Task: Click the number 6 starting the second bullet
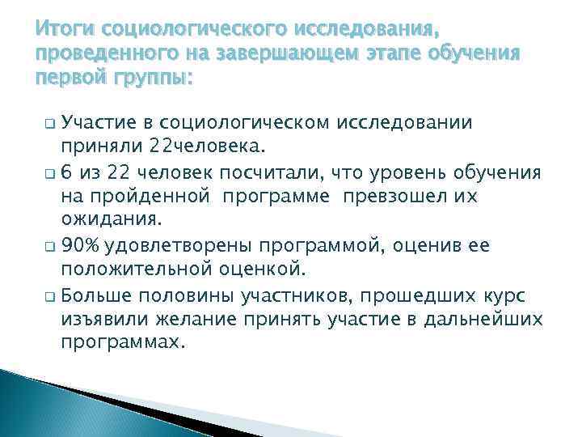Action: point(66,173)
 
